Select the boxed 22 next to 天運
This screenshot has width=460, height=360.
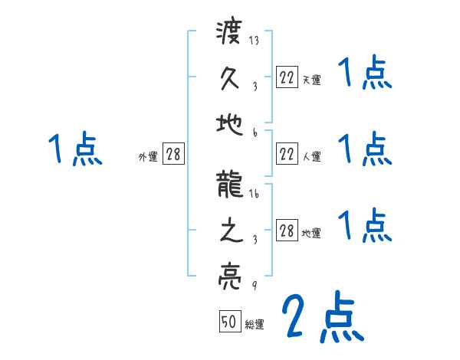tap(287, 77)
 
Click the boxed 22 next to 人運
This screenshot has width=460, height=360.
tap(287, 155)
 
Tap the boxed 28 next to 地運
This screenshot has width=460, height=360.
tap(287, 231)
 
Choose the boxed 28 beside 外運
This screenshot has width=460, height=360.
tap(173, 155)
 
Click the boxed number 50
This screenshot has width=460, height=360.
tap(229, 322)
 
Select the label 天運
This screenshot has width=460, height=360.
tap(311, 80)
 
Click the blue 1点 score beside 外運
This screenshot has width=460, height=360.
tap(75, 149)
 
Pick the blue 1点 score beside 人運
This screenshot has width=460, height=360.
tap(365, 149)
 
